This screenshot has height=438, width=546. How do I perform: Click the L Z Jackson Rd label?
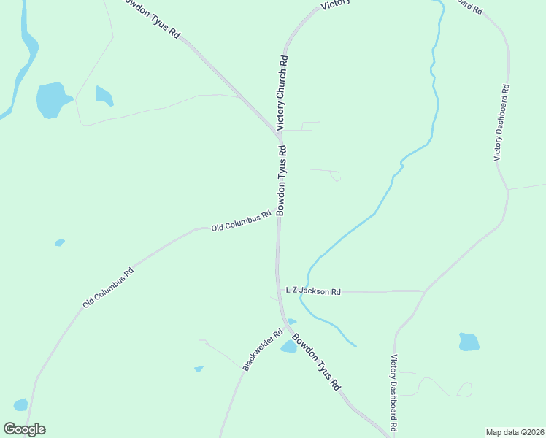coord(313,291)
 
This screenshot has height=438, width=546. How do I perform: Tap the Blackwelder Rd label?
coord(257,354)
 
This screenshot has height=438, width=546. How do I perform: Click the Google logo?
coord(24,429)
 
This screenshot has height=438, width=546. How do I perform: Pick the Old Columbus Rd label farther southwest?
coord(108,288)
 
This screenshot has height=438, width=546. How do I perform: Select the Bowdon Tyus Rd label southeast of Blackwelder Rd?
coord(317,361)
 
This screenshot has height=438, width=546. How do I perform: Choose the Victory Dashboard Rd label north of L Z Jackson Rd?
coord(501,122)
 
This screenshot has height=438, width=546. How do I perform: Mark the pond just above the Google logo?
coord(20,404)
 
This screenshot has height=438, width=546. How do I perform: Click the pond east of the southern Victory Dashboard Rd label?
coord(469,342)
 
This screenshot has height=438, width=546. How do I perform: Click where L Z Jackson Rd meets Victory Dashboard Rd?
coord(424,291)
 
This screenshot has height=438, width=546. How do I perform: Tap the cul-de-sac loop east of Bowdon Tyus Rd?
coord(335,176)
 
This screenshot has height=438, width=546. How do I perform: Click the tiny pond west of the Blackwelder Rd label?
coord(199,369)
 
